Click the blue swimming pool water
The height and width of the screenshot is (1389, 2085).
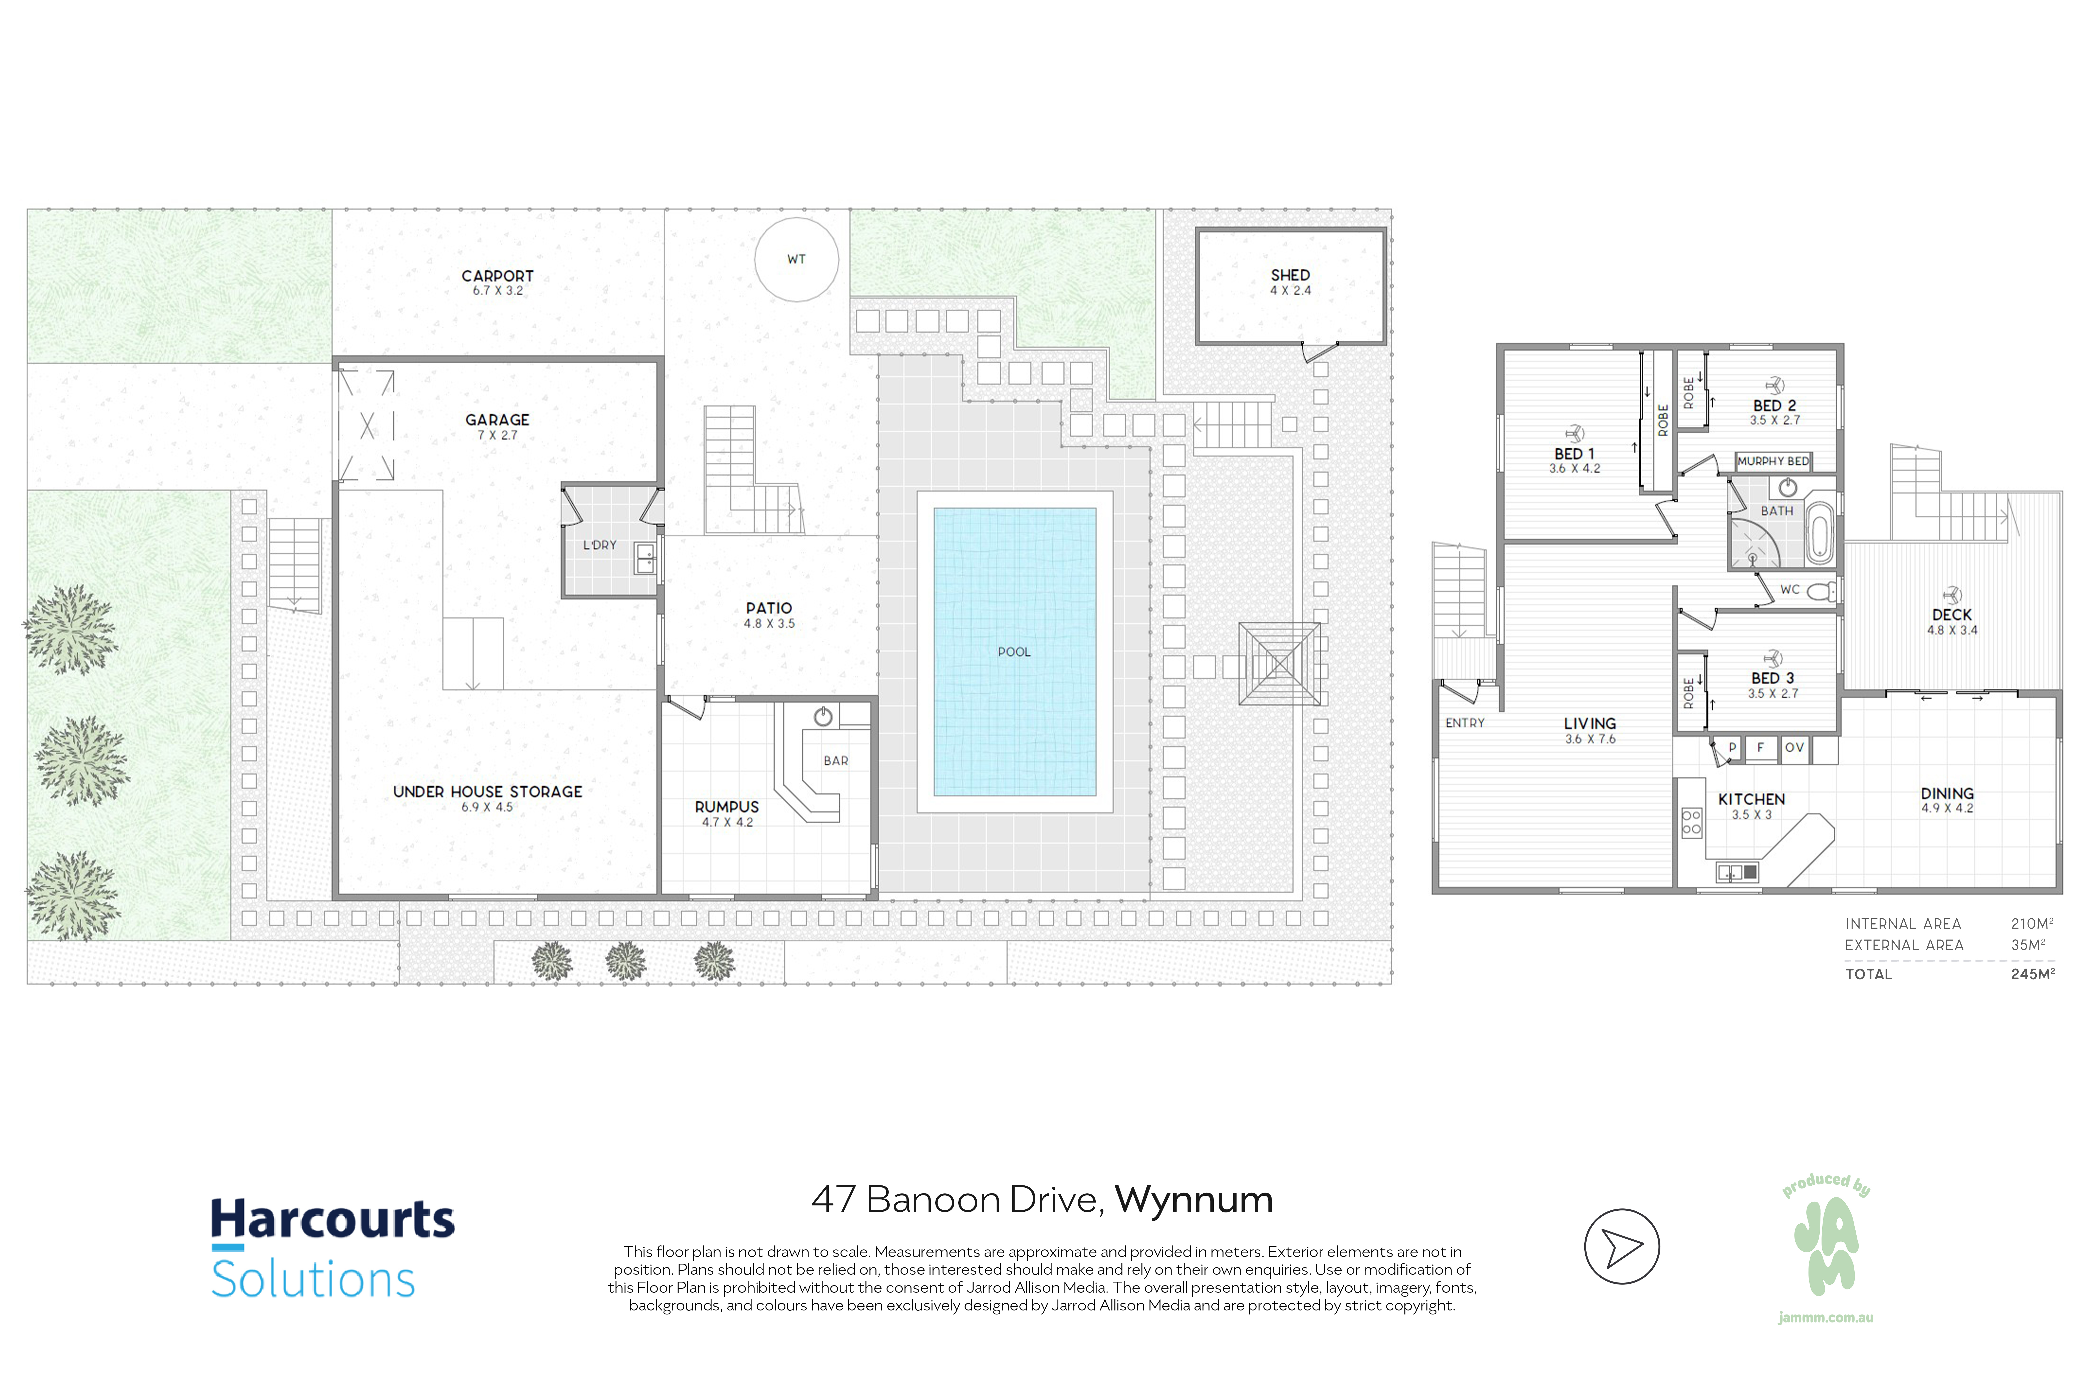pyautogui.click(x=1015, y=652)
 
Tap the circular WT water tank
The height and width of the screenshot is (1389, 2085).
pyautogui.click(x=797, y=260)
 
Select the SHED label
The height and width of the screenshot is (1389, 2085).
pyautogui.click(x=1290, y=276)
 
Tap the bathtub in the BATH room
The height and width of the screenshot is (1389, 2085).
pyautogui.click(x=1818, y=532)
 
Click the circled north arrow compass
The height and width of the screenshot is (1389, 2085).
pyautogui.click(x=1622, y=1246)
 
